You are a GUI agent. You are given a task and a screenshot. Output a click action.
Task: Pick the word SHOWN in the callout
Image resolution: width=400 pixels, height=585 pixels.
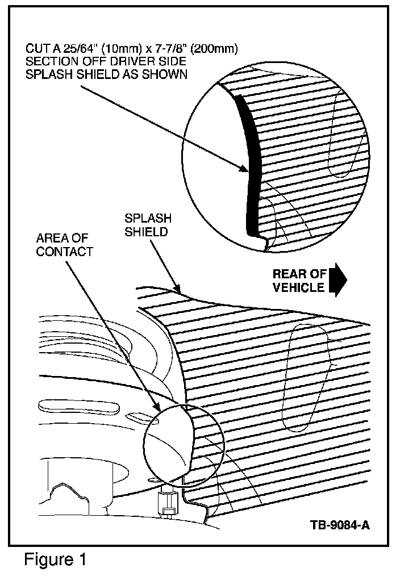coord(168,75)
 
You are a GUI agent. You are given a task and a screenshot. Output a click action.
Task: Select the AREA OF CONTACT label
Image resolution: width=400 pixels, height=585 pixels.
coord(64,244)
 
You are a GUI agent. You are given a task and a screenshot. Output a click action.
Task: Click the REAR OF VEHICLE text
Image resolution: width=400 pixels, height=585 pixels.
coord(299,281)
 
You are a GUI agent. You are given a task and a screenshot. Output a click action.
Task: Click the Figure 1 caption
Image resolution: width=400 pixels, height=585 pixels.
coord(55,560)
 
